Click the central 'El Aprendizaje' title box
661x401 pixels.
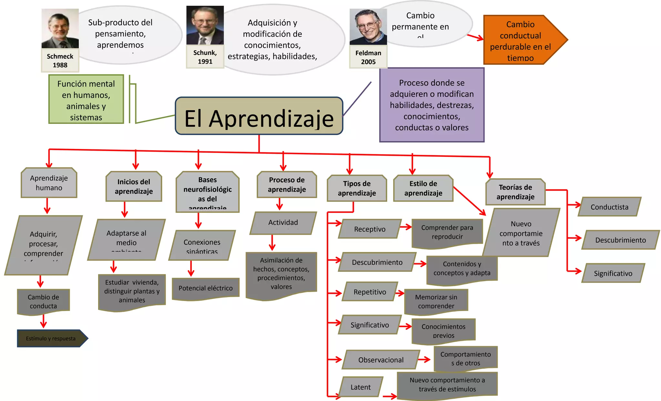point(259,116)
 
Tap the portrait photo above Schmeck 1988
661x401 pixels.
point(60,28)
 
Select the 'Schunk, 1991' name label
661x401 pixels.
point(205,57)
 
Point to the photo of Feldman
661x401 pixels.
point(368,27)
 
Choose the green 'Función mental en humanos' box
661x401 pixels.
point(86,99)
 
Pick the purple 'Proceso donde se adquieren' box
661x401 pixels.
point(432,105)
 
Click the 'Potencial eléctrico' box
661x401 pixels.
point(206,288)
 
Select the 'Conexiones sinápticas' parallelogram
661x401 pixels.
point(202,246)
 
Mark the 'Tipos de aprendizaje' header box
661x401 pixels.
point(357,188)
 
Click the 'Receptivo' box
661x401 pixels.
point(370,229)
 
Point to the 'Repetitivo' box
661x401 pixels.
point(370,292)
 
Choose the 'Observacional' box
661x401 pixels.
point(381,360)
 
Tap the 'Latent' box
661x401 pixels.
point(361,387)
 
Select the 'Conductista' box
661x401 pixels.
point(609,207)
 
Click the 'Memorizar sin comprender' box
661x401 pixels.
point(436,301)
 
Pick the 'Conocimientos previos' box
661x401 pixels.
point(443,331)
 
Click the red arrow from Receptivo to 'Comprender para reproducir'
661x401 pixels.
point(406,227)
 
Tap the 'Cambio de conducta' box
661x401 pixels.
point(44,301)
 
